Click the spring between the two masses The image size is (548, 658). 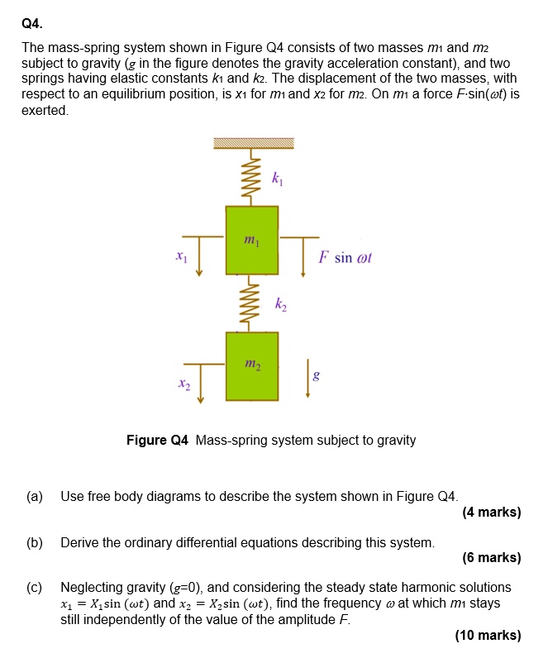252,305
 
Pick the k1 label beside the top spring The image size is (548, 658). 277,178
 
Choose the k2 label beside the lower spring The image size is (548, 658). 281,307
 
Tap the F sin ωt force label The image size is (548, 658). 345,257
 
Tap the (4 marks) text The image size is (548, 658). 492,512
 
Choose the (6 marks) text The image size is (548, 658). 492,557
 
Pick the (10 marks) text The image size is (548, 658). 488,635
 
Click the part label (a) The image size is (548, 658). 35,497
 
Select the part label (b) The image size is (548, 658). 35,542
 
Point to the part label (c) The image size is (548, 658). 35,587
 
